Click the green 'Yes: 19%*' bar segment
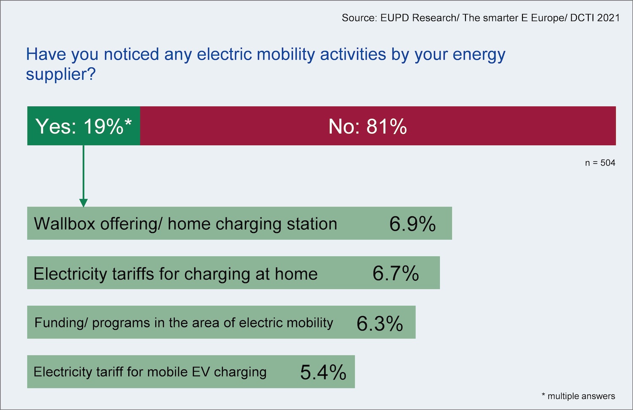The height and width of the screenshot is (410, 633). pos(84,126)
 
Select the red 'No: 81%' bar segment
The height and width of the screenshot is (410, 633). pos(377,126)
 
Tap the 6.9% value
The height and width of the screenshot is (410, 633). pos(412,224)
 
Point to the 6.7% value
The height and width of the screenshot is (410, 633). pos(395,273)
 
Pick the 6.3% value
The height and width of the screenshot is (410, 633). pos(379,323)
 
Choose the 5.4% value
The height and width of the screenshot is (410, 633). pos(323,372)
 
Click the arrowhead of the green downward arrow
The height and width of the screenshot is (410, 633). pos(84,203)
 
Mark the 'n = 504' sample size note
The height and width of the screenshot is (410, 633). pos(600,163)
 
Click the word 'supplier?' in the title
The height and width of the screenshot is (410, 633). pos(61,74)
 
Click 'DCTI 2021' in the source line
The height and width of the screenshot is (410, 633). pos(595,18)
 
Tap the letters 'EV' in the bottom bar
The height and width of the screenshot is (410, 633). pos(200,372)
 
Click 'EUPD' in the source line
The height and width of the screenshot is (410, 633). pos(395,18)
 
